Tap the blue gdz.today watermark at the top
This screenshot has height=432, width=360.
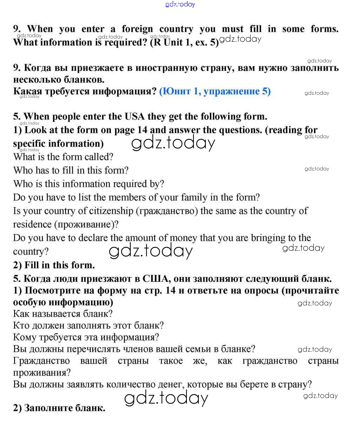pos(180,4)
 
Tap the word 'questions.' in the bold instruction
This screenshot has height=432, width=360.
pos(240,130)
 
